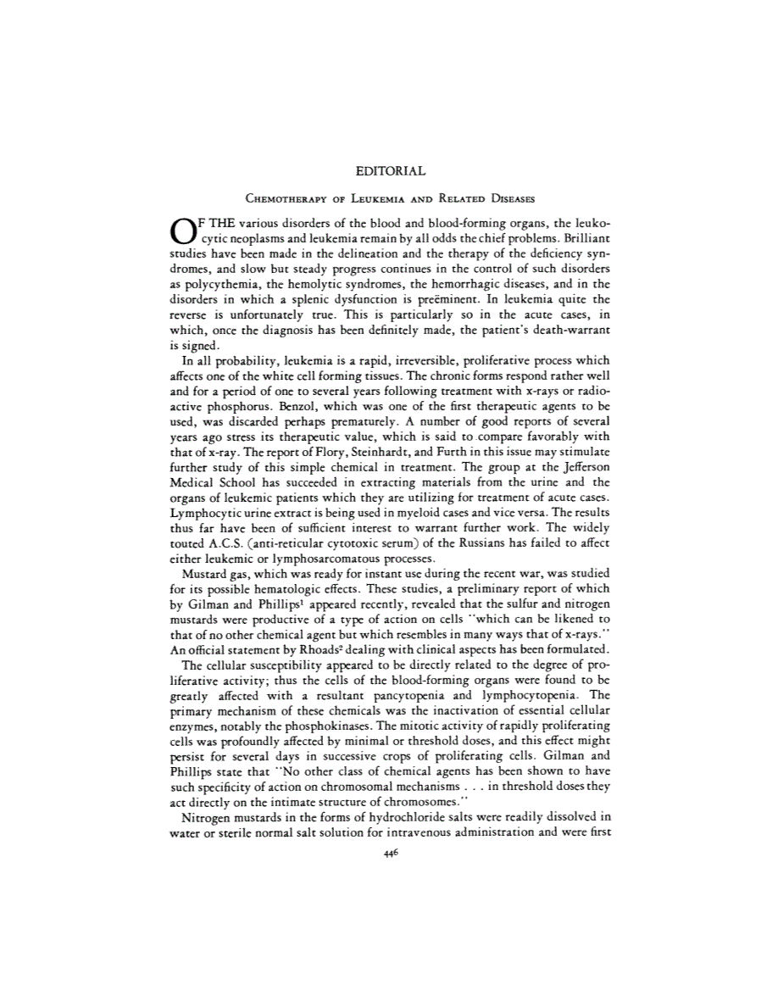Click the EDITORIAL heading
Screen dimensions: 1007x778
tap(389, 173)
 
